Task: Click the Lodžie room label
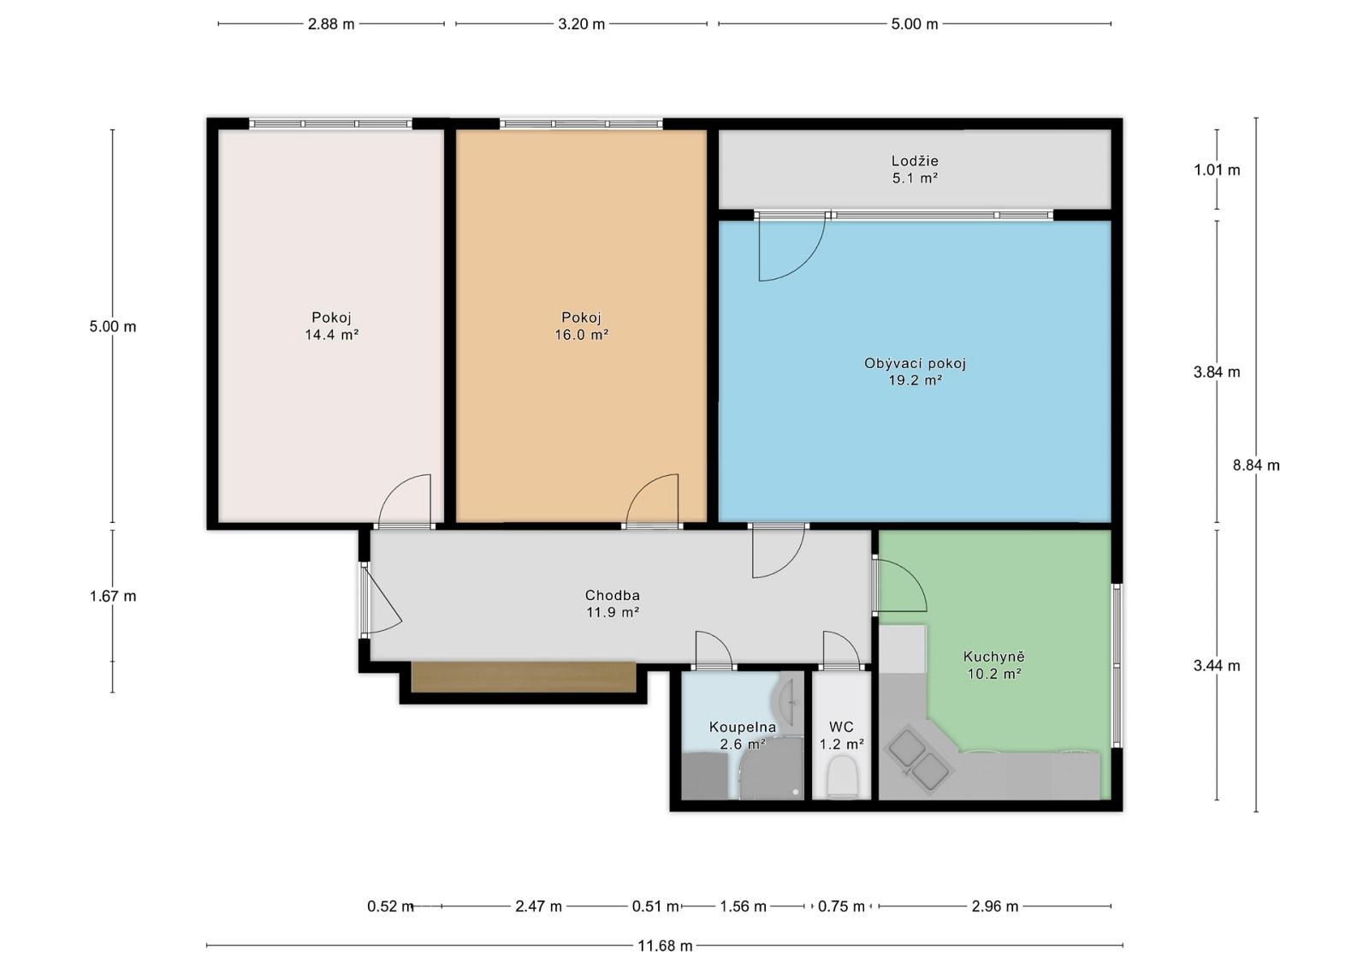[915, 161]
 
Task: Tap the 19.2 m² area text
[915, 380]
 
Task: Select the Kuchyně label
[993, 657]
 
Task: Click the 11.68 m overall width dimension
[665, 946]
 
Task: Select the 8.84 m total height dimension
[1256, 466]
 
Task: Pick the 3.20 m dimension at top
[581, 24]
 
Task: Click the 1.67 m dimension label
[113, 596]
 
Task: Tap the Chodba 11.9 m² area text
[613, 612]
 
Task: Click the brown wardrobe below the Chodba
[524, 677]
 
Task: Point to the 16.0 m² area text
[581, 335]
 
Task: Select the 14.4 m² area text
[331, 335]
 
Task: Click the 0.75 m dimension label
[842, 906]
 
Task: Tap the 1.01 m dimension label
[1217, 170]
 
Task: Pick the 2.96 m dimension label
[995, 906]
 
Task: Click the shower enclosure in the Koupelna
[771, 769]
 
